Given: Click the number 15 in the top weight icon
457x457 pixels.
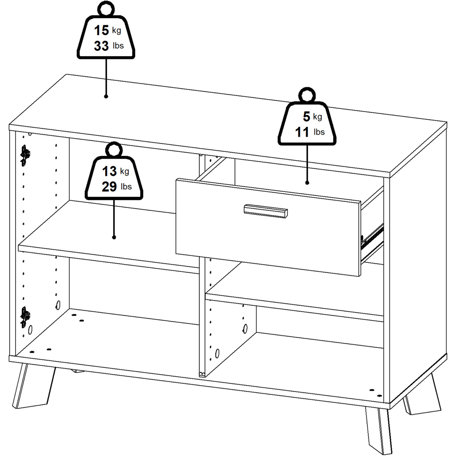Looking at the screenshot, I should [101, 31].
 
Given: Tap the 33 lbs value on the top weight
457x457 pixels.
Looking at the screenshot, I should [101, 46].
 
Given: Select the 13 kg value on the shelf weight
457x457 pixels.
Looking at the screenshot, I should [109, 171].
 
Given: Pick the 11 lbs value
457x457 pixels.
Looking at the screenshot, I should [303, 132].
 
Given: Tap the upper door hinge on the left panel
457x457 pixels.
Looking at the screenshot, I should [25, 155].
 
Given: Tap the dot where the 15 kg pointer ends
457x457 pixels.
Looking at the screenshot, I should [106, 96].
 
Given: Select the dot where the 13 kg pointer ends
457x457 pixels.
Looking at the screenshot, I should [114, 237].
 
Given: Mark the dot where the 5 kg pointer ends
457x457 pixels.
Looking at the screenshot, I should [307, 183].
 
